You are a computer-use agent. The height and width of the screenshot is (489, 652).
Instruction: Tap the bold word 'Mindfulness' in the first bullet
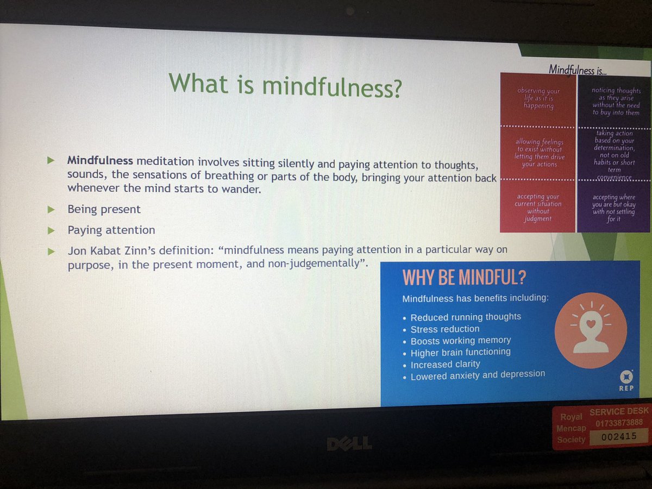(100, 161)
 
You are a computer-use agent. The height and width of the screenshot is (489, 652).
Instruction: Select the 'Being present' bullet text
(104, 209)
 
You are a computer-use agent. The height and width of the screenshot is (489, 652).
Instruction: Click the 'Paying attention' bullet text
(111, 230)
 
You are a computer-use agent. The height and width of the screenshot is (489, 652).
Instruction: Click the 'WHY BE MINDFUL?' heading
(463, 278)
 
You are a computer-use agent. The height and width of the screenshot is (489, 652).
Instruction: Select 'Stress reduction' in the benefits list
(445, 329)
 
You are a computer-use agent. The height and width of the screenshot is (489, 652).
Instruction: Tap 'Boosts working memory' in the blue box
(461, 341)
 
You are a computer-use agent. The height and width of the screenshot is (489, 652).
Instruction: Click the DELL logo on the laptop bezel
(349, 444)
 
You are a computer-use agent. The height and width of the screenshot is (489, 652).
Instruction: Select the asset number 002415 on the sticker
(619, 436)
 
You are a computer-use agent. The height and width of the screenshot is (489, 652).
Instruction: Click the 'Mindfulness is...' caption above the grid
(578, 69)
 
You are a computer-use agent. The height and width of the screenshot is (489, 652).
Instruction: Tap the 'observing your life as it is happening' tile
(538, 99)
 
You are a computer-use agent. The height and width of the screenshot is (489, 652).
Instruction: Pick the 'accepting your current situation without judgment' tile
(538, 208)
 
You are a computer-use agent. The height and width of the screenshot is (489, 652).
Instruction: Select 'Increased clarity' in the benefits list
(445, 364)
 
